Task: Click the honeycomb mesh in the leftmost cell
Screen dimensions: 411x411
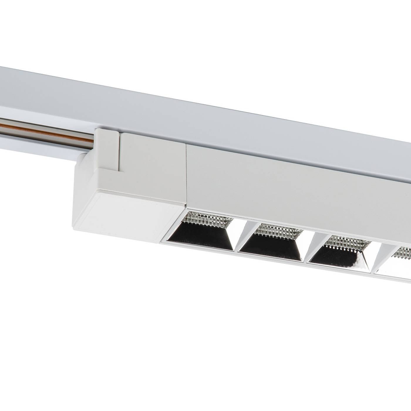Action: tap(206, 217)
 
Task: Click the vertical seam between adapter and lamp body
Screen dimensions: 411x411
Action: tap(186, 173)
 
